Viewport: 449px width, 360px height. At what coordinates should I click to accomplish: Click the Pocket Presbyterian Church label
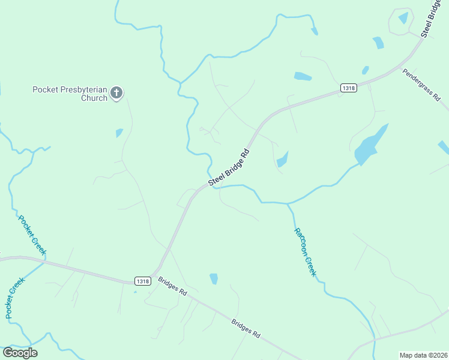(70, 94)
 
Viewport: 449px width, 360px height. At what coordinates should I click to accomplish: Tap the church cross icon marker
(116, 92)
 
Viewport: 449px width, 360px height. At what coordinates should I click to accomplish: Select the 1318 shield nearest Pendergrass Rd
(348, 88)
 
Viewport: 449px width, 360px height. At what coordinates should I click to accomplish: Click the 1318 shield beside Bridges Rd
(142, 281)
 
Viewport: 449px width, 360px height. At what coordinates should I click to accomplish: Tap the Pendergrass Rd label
(422, 88)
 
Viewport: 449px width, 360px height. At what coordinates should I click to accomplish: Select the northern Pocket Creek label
(32, 236)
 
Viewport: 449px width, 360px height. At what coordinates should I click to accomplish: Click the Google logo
(20, 353)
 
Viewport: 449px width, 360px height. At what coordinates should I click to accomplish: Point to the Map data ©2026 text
(423, 355)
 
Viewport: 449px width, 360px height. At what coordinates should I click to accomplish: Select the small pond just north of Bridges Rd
(214, 278)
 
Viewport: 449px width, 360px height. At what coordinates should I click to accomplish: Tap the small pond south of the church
(119, 133)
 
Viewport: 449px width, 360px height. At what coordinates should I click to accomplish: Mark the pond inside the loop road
(403, 19)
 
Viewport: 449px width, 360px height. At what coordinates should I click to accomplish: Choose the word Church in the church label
(95, 98)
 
